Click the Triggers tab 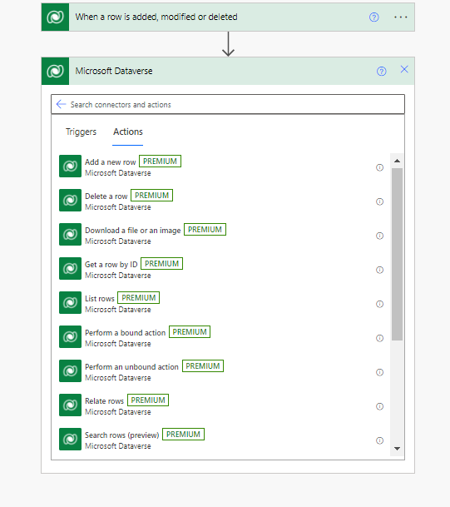tap(81, 132)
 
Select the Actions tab tap(128, 132)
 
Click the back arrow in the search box tap(61, 104)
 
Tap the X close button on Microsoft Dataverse tap(404, 69)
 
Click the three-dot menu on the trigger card tap(401, 17)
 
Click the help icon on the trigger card tap(373, 17)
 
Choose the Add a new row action tap(110, 162)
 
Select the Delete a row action tap(106, 196)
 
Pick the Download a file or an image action tap(133, 231)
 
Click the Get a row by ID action tap(111, 265)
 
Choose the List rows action tap(100, 298)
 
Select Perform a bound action tap(125, 333)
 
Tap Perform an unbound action tap(131, 366)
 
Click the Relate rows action tap(104, 401)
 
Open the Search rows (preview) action tap(121, 435)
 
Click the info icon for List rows tap(379, 304)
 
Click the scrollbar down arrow tap(398, 449)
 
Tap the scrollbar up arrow tap(398, 161)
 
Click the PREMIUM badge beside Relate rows tap(148, 400)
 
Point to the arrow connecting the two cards tap(229, 43)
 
